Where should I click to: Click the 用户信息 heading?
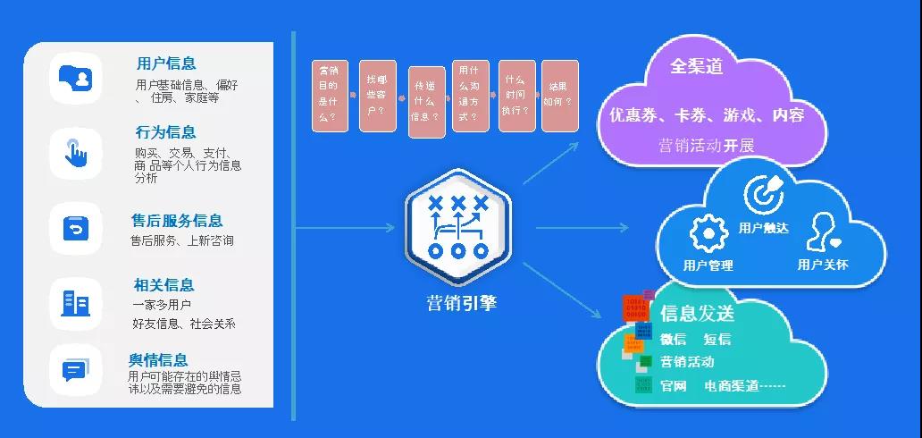pyautogui.click(x=166, y=64)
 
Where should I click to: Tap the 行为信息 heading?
pyautogui.click(x=165, y=132)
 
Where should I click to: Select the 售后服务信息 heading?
pyautogui.click(x=177, y=221)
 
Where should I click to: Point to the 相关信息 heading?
pyautogui.click(x=163, y=285)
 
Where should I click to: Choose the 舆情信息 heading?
pyautogui.click(x=158, y=360)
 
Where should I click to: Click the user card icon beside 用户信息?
pyautogui.click(x=75, y=78)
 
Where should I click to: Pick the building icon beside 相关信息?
pyautogui.click(x=75, y=302)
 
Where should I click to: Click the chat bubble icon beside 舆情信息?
pyautogui.click(x=75, y=369)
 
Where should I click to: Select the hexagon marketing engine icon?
pyautogui.click(x=457, y=227)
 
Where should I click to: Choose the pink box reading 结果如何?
pyautogui.click(x=560, y=96)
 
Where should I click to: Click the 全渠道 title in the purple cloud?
pyautogui.click(x=697, y=67)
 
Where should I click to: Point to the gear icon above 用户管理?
pyautogui.click(x=708, y=233)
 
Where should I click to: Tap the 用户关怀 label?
pyautogui.click(x=823, y=265)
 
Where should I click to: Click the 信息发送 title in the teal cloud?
pyautogui.click(x=697, y=314)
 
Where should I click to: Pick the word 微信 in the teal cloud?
pyautogui.click(x=674, y=339)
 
